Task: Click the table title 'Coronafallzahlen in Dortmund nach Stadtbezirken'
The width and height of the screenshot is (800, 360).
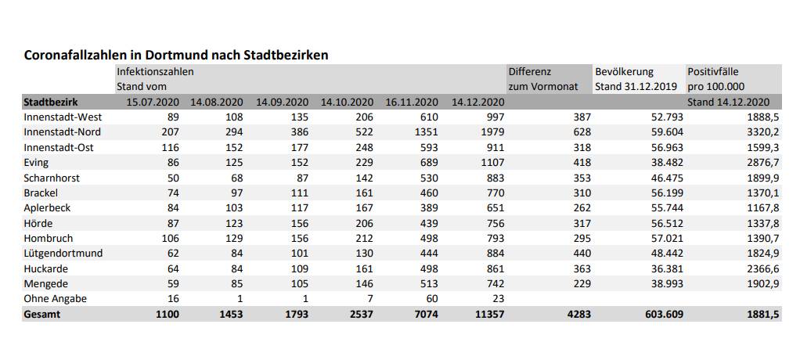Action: [176, 55]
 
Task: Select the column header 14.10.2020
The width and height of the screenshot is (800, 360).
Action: [347, 102]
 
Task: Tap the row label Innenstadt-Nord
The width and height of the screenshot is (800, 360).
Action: [63, 131]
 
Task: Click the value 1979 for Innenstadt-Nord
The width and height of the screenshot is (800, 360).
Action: [492, 131]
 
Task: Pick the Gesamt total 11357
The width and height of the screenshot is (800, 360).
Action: [488, 314]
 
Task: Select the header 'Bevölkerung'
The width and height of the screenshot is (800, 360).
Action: [624, 71]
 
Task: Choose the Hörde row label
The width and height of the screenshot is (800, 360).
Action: [38, 223]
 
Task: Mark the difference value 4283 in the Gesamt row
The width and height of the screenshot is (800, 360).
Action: [576, 314]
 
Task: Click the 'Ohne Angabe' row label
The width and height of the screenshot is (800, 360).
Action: [56, 298]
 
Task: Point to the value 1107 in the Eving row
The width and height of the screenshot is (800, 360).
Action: [492, 162]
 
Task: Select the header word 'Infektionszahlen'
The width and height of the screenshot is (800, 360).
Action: [155, 71]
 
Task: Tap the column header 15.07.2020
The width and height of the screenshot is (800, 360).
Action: [153, 102]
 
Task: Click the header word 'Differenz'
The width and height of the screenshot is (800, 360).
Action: [530, 71]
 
